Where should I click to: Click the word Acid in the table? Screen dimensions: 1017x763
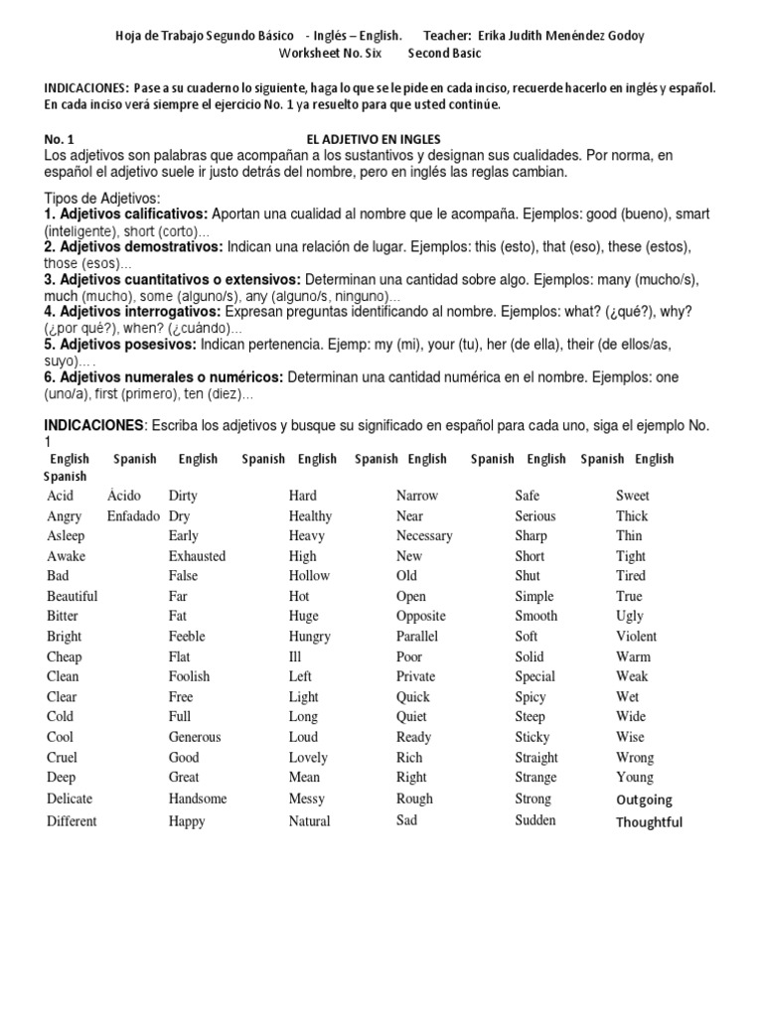point(60,496)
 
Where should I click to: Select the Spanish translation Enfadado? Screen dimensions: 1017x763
point(133,516)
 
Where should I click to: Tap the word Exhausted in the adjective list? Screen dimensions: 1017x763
point(197,556)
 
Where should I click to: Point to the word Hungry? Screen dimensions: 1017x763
point(309,637)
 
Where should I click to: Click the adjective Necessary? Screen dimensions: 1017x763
point(424,536)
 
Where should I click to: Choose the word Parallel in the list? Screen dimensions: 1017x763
point(416,637)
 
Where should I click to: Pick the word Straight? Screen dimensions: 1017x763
point(535,758)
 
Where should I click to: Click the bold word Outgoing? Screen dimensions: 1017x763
point(644,799)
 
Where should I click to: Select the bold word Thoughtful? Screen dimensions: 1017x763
point(649,822)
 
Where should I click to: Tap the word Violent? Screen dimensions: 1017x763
point(636,637)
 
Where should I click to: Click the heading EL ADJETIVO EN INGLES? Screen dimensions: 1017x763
point(374,139)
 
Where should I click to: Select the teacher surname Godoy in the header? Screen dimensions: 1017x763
point(622,36)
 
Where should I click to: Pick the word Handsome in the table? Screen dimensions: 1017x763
point(198,799)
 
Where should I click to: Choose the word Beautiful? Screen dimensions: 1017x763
point(72,597)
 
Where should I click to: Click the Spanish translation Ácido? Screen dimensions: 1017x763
point(124,496)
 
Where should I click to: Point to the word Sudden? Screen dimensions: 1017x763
point(535,820)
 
